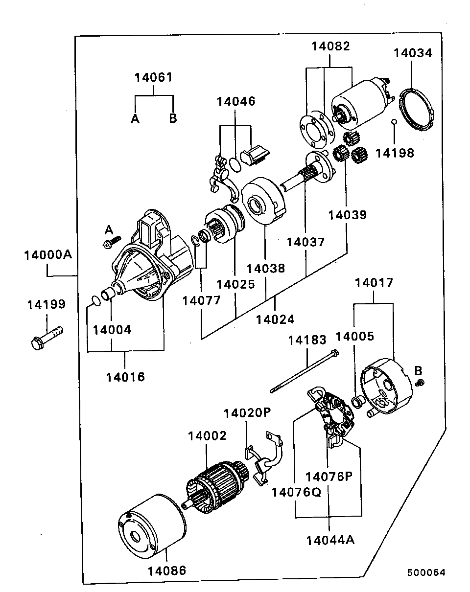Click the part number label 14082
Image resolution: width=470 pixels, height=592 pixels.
330,46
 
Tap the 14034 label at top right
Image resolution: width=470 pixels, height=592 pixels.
413,53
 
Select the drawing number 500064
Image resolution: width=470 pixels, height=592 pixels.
426,572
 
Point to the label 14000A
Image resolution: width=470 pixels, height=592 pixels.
48,255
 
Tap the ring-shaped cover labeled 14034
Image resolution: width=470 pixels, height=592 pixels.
416,110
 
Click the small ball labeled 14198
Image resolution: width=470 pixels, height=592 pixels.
394,122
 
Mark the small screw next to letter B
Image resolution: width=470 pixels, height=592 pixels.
421,383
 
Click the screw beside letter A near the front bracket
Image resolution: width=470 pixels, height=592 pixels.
112,242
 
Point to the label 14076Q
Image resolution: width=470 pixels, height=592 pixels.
297,492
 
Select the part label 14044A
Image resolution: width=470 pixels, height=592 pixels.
330,540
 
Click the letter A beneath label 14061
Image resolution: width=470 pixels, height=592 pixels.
135,119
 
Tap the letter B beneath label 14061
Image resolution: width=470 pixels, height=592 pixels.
173,118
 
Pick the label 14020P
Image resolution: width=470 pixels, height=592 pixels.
247,413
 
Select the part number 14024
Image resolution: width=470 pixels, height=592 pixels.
275,319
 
